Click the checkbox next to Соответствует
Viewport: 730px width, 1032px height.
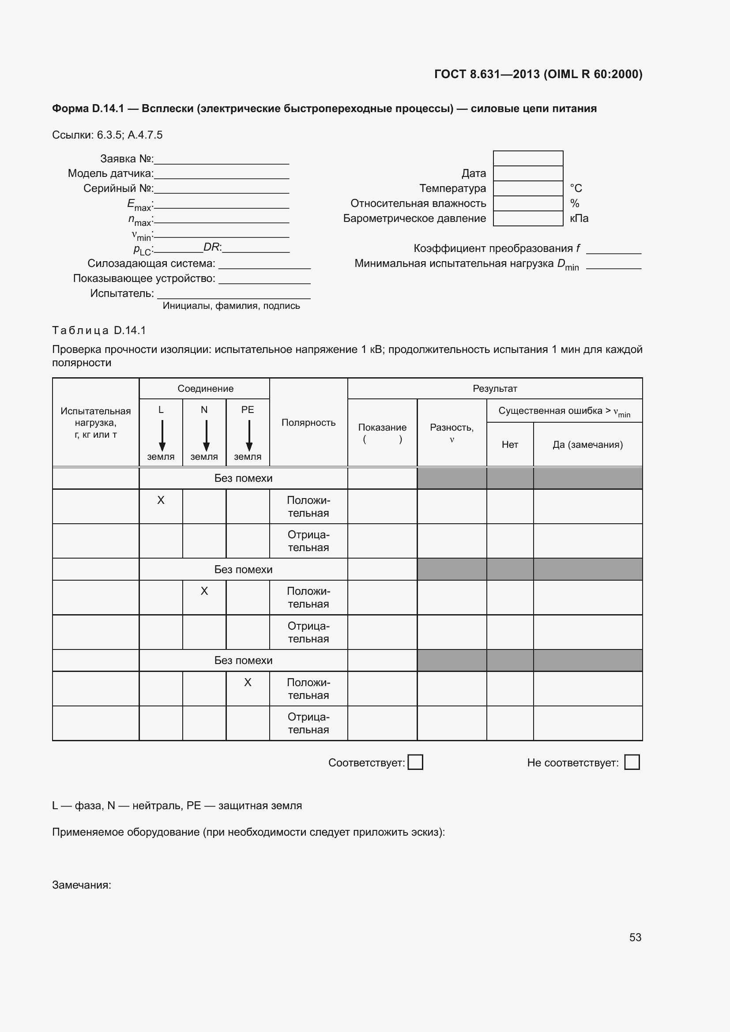click(415, 762)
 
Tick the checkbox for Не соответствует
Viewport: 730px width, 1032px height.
click(632, 762)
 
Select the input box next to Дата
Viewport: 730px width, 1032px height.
click(528, 173)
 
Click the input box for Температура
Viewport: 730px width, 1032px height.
click(528, 188)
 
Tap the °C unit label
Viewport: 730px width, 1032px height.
click(576, 188)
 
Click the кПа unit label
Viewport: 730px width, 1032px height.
click(579, 218)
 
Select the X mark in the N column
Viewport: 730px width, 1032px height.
click(204, 591)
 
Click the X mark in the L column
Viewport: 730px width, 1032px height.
click(161, 500)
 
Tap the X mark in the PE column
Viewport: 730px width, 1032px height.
click(248, 682)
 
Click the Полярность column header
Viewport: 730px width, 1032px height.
click(309, 423)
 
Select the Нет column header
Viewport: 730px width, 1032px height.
click(510, 445)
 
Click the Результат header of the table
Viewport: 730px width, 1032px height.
click(494, 388)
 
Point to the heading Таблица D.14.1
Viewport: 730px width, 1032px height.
click(99, 330)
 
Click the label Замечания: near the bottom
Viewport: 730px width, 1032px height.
click(81, 885)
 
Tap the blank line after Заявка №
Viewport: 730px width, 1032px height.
click(221, 160)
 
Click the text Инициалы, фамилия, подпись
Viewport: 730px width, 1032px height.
click(231, 306)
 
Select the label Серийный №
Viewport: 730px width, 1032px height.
click(118, 188)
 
